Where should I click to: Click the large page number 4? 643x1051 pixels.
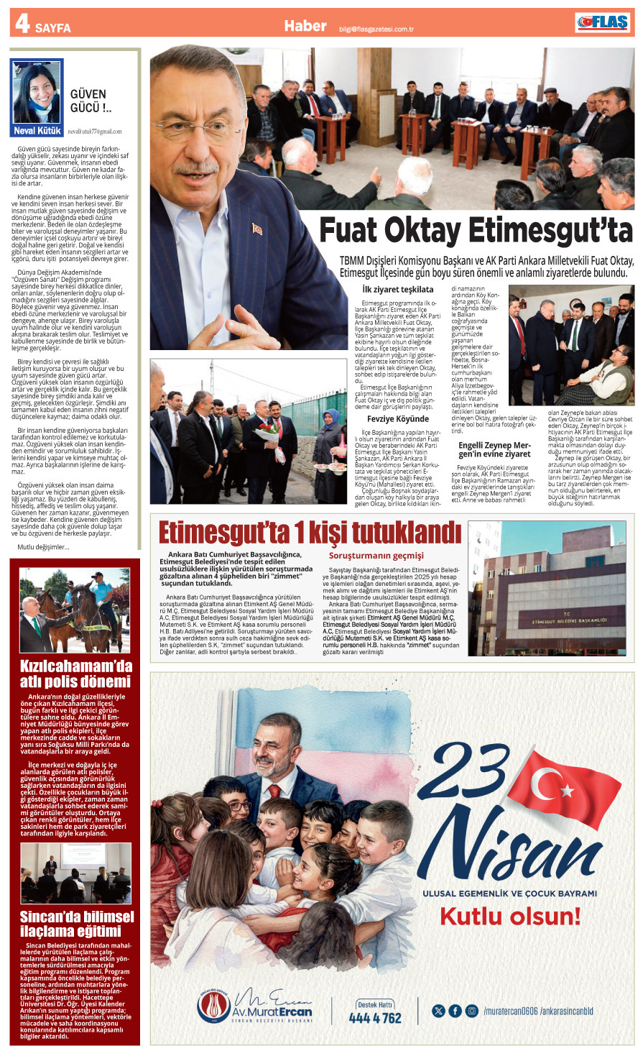22,24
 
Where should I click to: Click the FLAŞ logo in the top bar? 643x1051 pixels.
603,23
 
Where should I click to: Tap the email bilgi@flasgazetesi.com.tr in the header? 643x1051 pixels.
376,29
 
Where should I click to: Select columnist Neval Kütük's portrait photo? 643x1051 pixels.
37,93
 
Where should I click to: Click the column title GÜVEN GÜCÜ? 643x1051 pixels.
89,101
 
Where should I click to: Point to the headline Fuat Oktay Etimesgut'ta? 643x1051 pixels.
476,231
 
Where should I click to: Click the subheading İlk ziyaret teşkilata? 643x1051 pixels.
398,289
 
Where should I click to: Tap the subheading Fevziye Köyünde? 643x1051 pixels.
398,418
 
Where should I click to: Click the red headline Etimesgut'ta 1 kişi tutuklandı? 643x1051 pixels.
310,533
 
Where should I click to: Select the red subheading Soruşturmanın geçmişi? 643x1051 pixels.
376,556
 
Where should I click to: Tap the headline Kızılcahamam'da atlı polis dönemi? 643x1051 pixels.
76,674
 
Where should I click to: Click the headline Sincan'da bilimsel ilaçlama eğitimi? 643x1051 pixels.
76,924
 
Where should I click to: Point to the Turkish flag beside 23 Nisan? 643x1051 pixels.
554,786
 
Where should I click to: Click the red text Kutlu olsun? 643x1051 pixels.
509,917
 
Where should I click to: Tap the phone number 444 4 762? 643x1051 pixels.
375,1018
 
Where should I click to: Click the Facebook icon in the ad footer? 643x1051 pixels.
455,1011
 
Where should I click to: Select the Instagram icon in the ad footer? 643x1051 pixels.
471,1011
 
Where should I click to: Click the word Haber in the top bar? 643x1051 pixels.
305,26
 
